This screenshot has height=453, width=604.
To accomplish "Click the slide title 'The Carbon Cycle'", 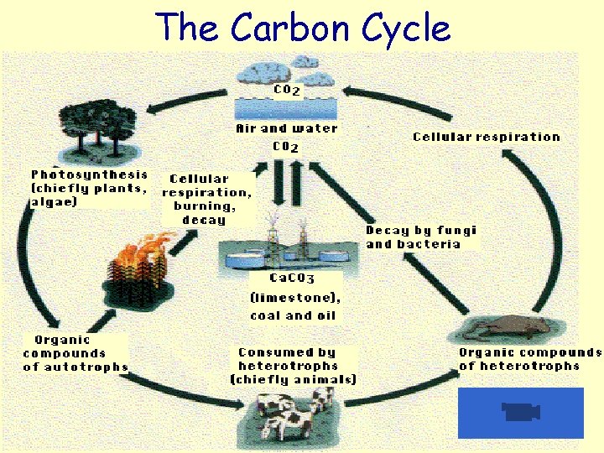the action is (x=303, y=28).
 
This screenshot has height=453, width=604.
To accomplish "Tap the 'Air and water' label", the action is (x=286, y=128).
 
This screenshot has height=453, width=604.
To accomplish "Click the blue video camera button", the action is (x=520, y=412).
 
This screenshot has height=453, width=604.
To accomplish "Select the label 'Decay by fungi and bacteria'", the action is (x=420, y=237).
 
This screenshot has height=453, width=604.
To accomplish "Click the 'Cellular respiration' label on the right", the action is (x=486, y=137).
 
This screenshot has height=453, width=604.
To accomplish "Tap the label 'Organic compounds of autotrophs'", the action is (x=75, y=353).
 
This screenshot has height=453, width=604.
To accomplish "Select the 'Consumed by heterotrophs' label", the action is (x=294, y=365).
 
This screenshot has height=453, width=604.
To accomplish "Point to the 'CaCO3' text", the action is (x=291, y=278).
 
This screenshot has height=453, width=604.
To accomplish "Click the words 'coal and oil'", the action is (x=293, y=315).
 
